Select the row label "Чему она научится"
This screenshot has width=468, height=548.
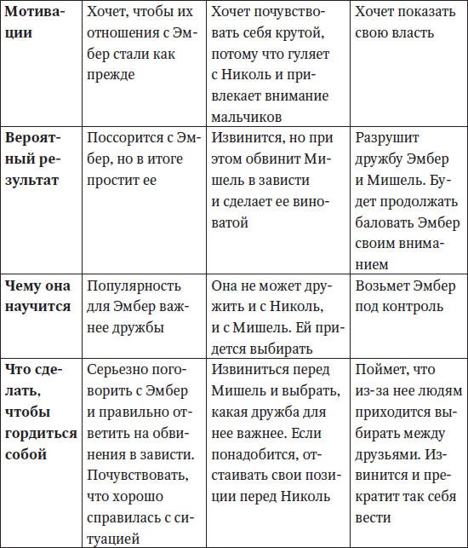[38, 296]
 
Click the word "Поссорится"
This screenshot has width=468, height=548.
[127, 136]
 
